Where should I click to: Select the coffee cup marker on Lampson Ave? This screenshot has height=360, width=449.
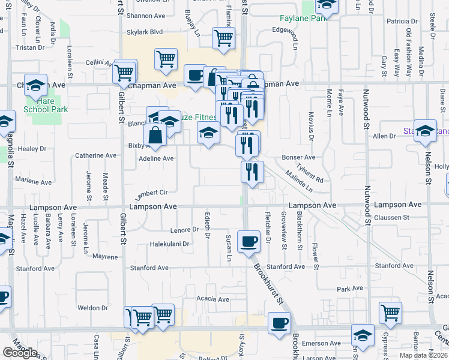pos(249,242)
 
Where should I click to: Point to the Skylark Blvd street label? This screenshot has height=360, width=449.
pos(144,32)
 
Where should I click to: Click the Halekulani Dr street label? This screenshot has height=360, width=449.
pos(169,244)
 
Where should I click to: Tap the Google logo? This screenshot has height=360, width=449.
pos(20,353)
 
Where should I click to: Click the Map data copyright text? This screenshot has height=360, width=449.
pos(423,355)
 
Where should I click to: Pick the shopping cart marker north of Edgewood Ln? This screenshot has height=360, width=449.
pos(223,38)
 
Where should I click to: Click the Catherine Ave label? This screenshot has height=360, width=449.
pos(95,155)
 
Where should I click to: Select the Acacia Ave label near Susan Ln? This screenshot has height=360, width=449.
pos(213,299)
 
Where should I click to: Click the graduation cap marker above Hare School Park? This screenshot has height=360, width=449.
pos(36,86)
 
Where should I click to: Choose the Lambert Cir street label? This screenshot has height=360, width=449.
pos(150,192)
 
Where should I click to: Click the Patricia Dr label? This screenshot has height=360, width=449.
pos(402,22)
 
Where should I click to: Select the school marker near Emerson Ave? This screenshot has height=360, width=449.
pos(363,335)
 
